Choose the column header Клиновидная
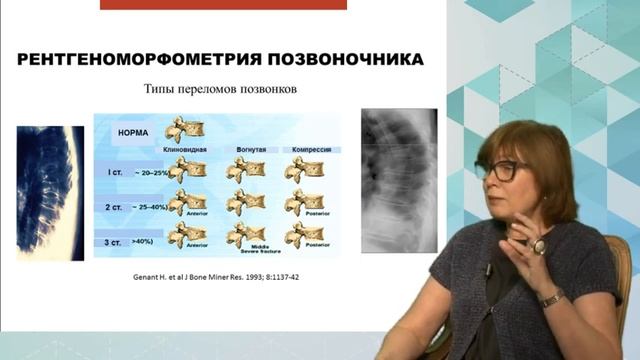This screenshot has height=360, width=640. click(184, 150)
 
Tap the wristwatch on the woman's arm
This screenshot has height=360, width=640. click(551, 297)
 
